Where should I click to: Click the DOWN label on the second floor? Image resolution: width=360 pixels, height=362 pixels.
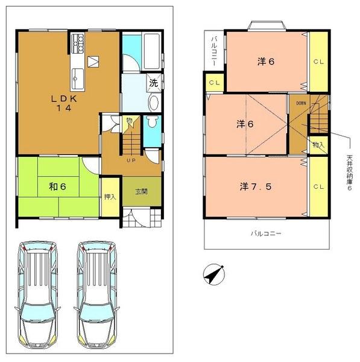point(301,103)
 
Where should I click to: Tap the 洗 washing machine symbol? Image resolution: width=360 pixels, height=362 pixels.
point(154,83)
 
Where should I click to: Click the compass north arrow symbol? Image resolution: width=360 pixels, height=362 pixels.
point(213,274)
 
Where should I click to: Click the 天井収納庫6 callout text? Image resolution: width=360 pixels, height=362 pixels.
point(349,175)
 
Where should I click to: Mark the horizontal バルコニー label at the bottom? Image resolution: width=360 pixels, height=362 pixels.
point(266,232)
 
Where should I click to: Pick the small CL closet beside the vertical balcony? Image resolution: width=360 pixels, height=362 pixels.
point(213,83)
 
